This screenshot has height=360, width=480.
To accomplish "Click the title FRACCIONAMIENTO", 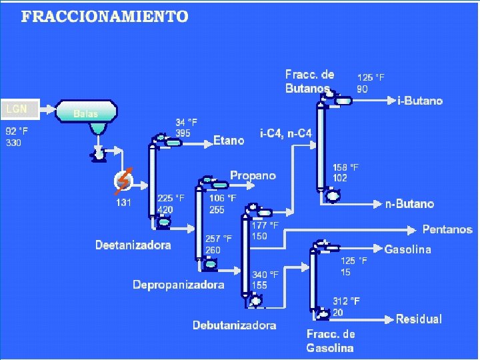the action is pos(105,17).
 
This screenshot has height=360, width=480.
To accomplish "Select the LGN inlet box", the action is pos(19,109).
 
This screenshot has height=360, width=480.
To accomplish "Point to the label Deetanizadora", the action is pos(133,245).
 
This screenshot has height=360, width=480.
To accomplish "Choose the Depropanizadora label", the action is pos(178,285).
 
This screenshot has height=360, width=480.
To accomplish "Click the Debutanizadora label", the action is pos(234,325).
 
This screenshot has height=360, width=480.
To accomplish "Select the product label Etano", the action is pos(229,141).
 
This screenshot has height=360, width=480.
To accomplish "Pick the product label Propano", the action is pos(253,175).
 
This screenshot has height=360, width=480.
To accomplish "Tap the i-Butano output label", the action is pos(420,101).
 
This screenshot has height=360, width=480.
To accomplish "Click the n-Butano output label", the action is pos(409,204).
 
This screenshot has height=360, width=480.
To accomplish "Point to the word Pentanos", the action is pos(447,229).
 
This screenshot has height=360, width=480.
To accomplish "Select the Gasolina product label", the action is pos(407,249).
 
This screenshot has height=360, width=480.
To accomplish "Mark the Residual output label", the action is pos(419,319).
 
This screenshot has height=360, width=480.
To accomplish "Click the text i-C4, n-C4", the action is pos(286,133).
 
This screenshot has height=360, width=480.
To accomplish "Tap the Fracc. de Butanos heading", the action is pos(310,81).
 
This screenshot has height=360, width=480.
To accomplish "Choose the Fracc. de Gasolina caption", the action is pos(331,341).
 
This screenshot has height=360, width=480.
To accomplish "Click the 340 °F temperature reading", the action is pos(265,274).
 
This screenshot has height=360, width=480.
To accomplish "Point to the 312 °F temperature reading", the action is pos(346,301).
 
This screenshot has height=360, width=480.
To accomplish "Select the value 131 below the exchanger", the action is pos(123,203).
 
